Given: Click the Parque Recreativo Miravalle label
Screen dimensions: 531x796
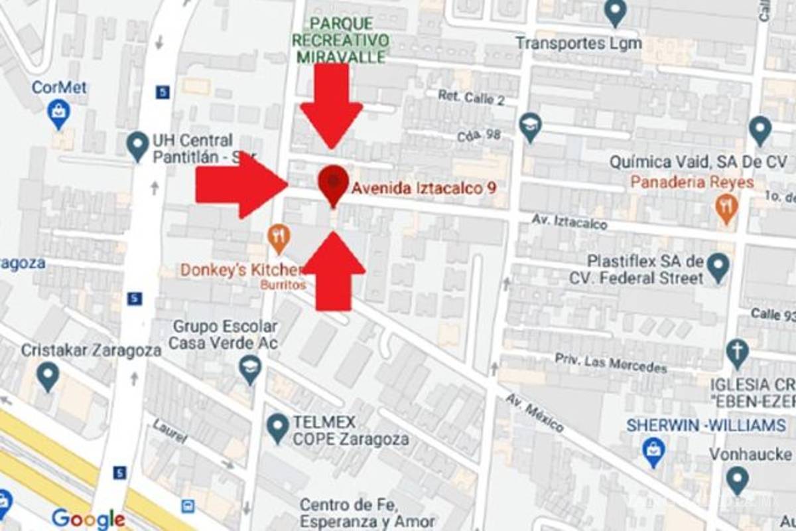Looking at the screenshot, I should click(x=340, y=40).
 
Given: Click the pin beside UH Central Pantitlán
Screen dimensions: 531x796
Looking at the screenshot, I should click(x=137, y=145).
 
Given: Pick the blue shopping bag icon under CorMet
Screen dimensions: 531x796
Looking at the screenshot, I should click(x=59, y=113).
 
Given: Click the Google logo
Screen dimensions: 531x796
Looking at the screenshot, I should click(x=88, y=518).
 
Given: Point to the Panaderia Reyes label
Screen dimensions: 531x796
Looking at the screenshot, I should click(x=692, y=182).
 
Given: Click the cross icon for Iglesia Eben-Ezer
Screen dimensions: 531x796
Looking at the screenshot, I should click(x=736, y=352).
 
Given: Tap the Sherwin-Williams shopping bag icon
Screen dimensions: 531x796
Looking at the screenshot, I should click(x=654, y=451).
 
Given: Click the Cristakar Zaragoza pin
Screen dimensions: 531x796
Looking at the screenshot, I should click(x=47, y=376).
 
